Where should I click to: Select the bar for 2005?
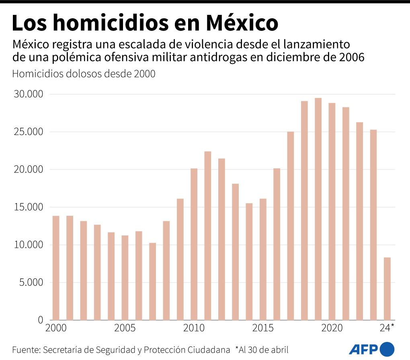(125, 278)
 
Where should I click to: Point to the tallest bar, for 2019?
(318, 209)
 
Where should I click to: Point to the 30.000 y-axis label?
(28, 94)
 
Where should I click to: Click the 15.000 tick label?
(28, 207)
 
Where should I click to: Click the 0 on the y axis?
(40, 320)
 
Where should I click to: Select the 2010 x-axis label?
(194, 328)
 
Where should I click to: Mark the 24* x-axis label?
(387, 328)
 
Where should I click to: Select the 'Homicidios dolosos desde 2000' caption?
(84, 74)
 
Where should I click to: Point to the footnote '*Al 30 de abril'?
(262, 348)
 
